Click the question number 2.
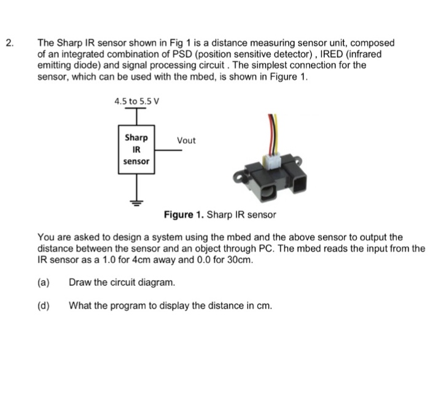[x=9, y=44]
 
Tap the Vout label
[x=186, y=141]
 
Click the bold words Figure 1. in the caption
[x=184, y=215]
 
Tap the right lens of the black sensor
[x=303, y=183]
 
